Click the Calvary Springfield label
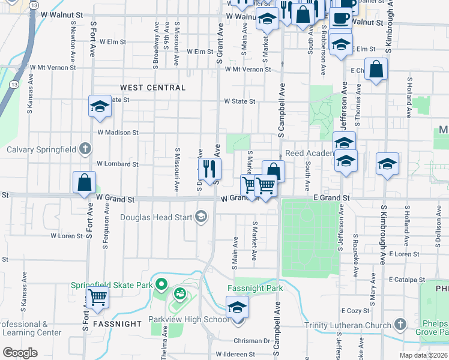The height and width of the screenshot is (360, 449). coord(40,149)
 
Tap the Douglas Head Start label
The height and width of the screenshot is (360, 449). coord(158,217)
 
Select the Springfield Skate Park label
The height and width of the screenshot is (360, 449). coord(112,285)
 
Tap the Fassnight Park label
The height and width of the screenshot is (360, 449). coord(255,288)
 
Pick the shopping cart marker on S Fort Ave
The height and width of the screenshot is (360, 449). coord(97,296)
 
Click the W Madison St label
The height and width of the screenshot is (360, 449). coord(118,132)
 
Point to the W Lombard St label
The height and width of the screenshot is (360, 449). coord(118,164)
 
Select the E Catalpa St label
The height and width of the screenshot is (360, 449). coord(406,280)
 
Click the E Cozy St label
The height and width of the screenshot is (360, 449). coord(355,311)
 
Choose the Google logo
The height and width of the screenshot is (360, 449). coord(20,353)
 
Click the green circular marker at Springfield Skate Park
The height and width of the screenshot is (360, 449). coord(160,284)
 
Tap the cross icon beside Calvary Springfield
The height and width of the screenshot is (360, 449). coord(85,149)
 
